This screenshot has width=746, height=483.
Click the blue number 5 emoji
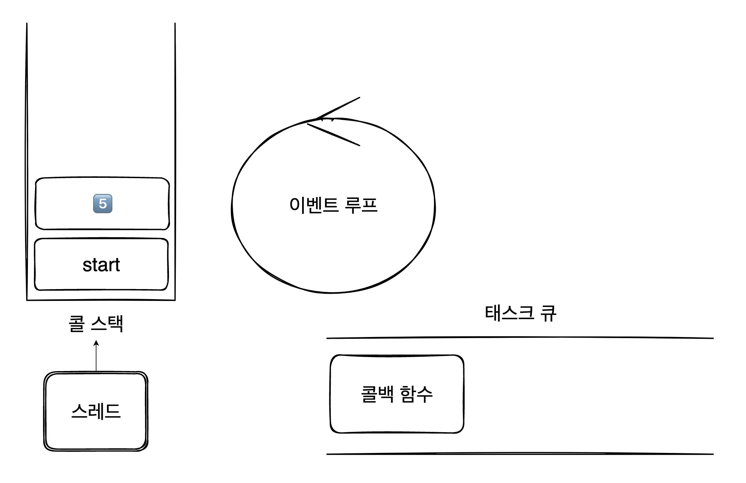click(103, 204)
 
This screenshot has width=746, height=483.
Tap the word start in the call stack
click(101, 265)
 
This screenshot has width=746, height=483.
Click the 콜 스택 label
click(96, 324)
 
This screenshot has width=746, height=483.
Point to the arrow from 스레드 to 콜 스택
click(96, 356)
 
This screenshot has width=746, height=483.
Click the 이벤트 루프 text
click(333, 205)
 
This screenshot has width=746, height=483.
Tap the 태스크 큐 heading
click(520, 313)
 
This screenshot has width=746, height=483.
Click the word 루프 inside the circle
click(361, 205)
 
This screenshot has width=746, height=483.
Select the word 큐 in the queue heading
click(548, 313)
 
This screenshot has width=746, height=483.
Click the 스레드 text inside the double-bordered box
click(96, 411)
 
